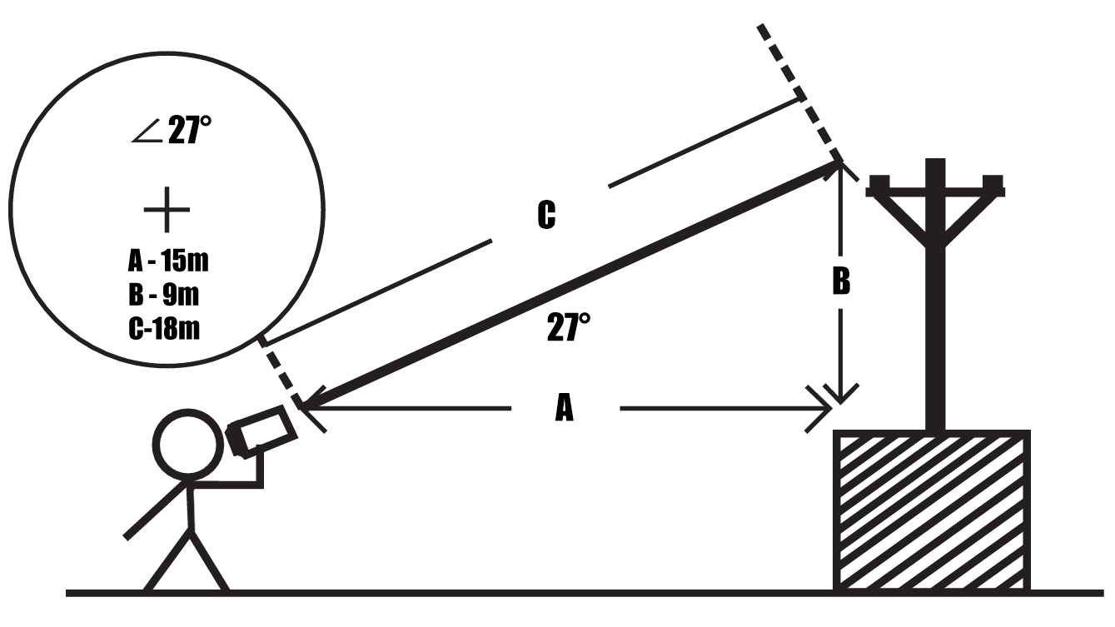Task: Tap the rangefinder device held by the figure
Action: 261,431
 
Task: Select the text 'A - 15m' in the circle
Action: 167,261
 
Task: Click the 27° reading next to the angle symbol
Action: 190,132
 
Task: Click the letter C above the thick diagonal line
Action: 545,216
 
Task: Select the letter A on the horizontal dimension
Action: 565,408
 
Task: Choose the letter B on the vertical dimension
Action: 841,282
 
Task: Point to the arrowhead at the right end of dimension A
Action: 824,408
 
